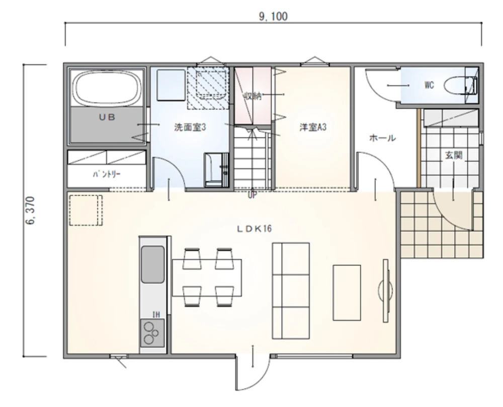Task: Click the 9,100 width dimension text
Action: pos(273,16)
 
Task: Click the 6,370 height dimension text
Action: pos(30,211)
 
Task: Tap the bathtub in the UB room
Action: pos(107,88)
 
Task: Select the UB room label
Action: pos(107,117)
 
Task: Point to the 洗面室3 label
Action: pos(190,127)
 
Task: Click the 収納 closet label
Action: pos(253,96)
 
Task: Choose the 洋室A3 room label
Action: pos(313,127)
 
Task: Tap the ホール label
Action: pos(382,138)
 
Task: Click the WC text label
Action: pos(429,85)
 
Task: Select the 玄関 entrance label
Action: pos(454,155)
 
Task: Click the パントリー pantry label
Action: pos(107,174)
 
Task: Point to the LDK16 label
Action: pos(255,229)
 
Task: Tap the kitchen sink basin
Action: pos(153,264)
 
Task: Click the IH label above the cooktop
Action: pos(156,314)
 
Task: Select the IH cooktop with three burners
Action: pos(152,333)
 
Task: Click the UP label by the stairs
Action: pos(252,195)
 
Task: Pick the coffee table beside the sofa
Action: pos(347,293)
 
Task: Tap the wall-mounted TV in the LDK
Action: pos(386,291)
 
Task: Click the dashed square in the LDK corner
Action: pos(86,210)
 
